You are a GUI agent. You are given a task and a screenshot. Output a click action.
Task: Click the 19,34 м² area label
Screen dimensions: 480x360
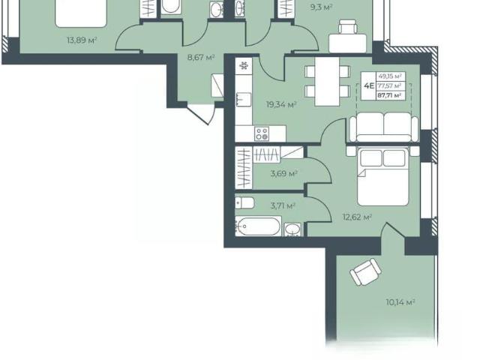pyautogui.click(x=281, y=105)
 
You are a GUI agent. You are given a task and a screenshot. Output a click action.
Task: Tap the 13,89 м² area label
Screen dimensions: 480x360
pyautogui.click(x=82, y=40)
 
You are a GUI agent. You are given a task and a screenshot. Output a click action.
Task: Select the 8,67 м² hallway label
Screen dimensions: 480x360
pyautogui.click(x=201, y=57)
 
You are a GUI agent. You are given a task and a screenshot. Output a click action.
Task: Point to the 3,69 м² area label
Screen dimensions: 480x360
pyautogui.click(x=284, y=174)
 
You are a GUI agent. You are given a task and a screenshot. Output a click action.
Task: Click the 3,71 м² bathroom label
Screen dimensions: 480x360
pyautogui.click(x=283, y=205)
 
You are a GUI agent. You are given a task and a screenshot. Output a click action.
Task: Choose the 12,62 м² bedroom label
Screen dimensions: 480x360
pyautogui.click(x=357, y=217)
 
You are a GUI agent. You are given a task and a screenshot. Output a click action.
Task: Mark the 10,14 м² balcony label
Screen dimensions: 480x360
pyautogui.click(x=400, y=302)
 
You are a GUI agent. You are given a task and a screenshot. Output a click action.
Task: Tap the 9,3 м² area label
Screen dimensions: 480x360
pyautogui.click(x=322, y=7)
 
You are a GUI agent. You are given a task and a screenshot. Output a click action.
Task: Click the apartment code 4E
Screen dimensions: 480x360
pyautogui.click(x=369, y=85)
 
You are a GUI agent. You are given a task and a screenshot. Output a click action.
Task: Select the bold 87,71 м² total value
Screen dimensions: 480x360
pyautogui.click(x=389, y=95)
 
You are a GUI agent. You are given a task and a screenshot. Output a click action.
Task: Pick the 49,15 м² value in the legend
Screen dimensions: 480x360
pyautogui.click(x=390, y=76)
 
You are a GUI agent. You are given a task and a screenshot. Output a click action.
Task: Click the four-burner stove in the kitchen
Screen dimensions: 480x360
pyautogui.click(x=262, y=133)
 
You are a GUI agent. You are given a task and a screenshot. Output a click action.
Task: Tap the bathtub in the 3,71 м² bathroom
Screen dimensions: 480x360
pyautogui.click(x=258, y=226)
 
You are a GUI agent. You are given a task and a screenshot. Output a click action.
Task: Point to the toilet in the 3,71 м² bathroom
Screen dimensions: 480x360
pyautogui.click(x=244, y=202)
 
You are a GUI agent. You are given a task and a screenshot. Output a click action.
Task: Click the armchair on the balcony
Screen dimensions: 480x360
pyautogui.click(x=365, y=271)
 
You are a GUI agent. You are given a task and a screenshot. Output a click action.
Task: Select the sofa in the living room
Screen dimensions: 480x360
pyautogui.click(x=384, y=127)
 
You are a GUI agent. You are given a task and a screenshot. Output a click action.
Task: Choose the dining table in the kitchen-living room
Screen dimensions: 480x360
pyautogui.click(x=327, y=81)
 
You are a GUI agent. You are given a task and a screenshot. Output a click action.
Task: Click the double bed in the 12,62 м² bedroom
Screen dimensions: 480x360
pyautogui.click(x=383, y=176)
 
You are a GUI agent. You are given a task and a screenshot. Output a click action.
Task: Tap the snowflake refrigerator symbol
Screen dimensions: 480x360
pyautogui.click(x=244, y=65)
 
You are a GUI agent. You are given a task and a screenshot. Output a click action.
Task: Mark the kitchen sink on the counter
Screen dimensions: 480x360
pyautogui.click(x=243, y=99)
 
